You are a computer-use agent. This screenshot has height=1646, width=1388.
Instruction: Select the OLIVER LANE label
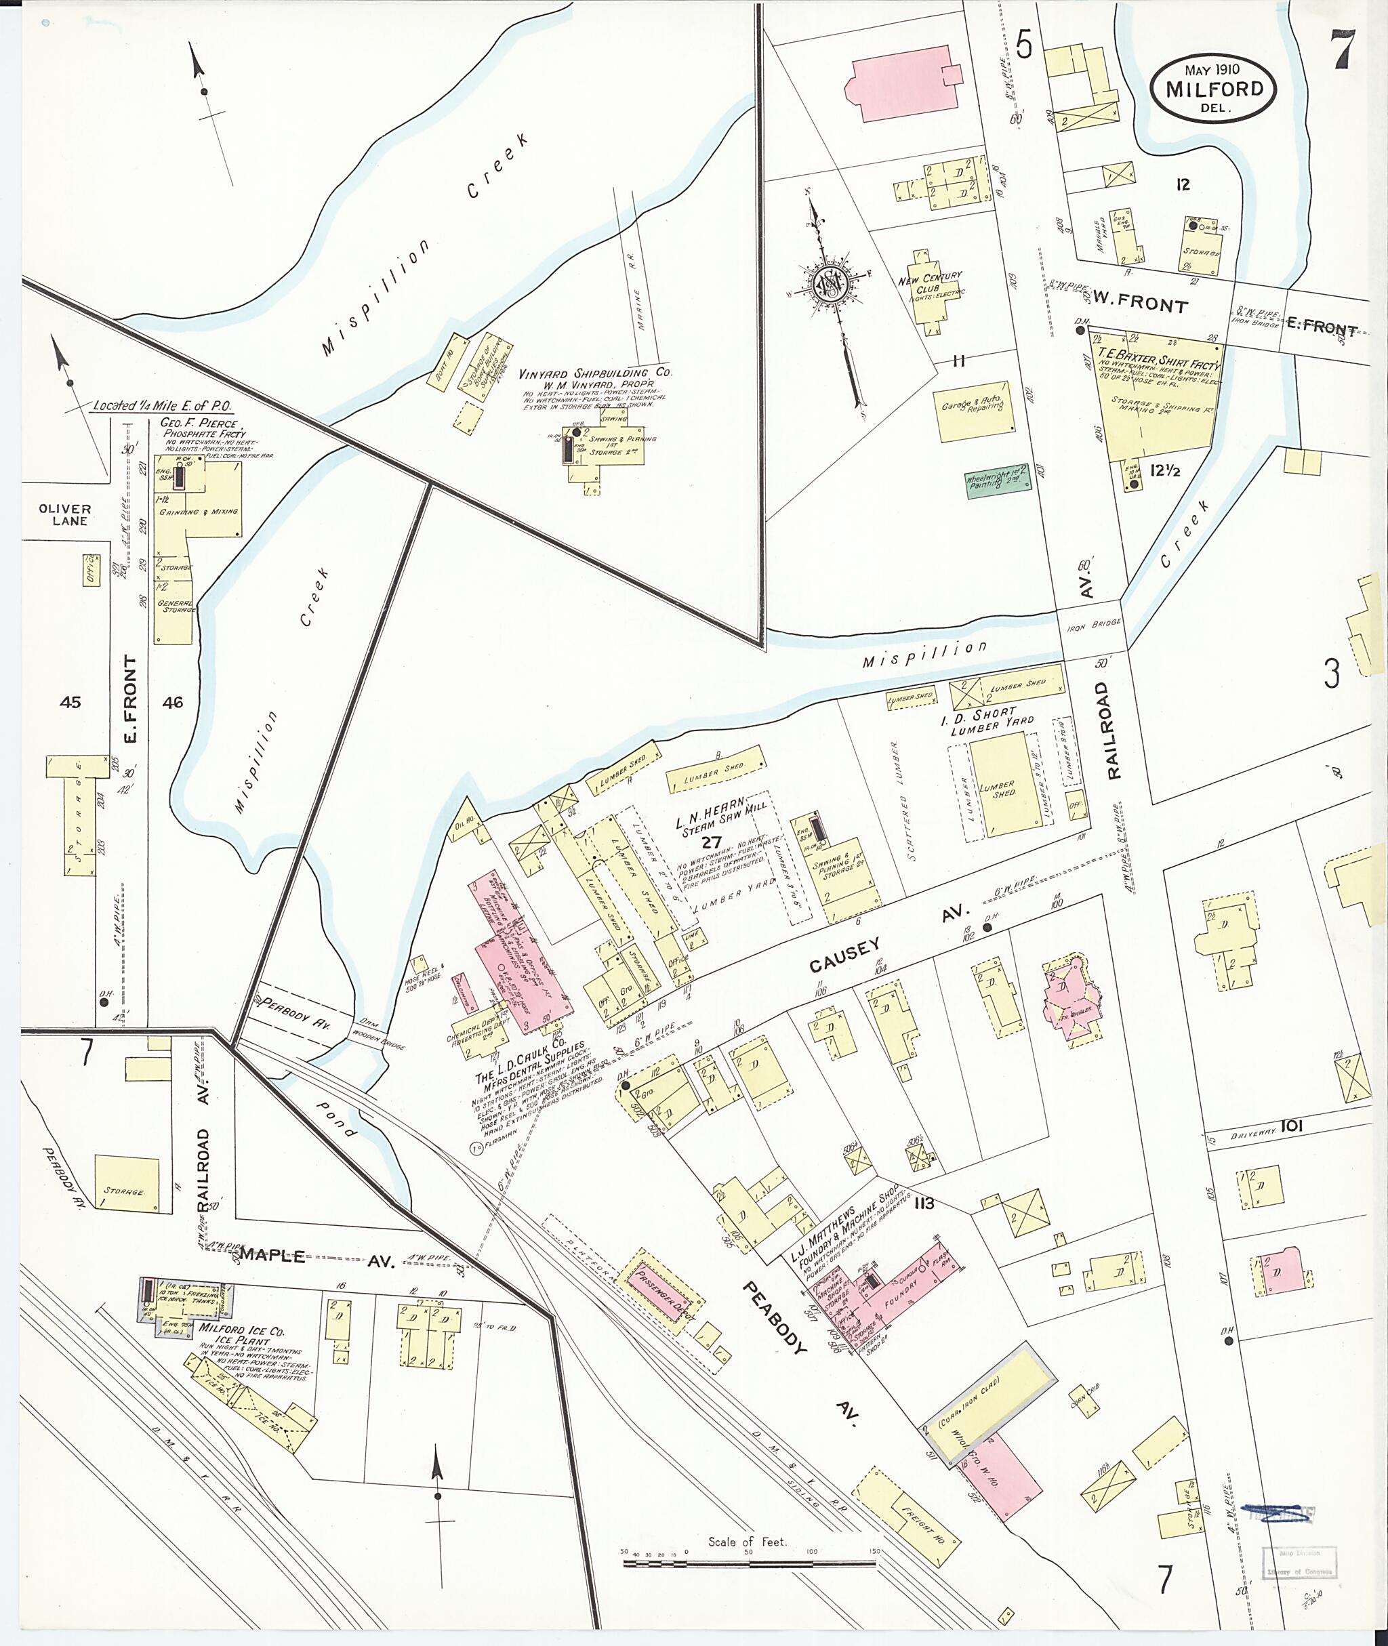pos(64,514)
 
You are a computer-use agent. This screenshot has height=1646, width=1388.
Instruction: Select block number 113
pos(924,1203)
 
